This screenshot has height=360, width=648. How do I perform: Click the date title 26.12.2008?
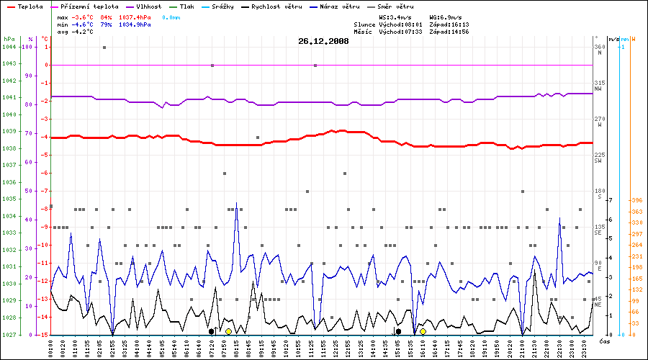coord(323,42)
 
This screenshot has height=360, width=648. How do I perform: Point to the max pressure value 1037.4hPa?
coord(134,16)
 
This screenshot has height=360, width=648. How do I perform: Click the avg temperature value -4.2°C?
coord(84,32)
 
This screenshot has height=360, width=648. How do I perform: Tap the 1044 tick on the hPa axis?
coord(9,47)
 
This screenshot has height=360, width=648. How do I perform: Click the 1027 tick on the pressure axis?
coord(9,335)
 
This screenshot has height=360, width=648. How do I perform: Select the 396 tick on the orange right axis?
coord(636,200)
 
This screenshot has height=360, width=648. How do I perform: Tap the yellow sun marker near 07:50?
coord(228,331)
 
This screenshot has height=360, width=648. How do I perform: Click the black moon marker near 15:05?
coord(398,331)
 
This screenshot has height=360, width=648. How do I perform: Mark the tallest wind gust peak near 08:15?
coord(236,204)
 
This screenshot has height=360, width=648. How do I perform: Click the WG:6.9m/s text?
coord(446,16)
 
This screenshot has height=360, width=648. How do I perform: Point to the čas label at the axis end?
coord(606,343)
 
